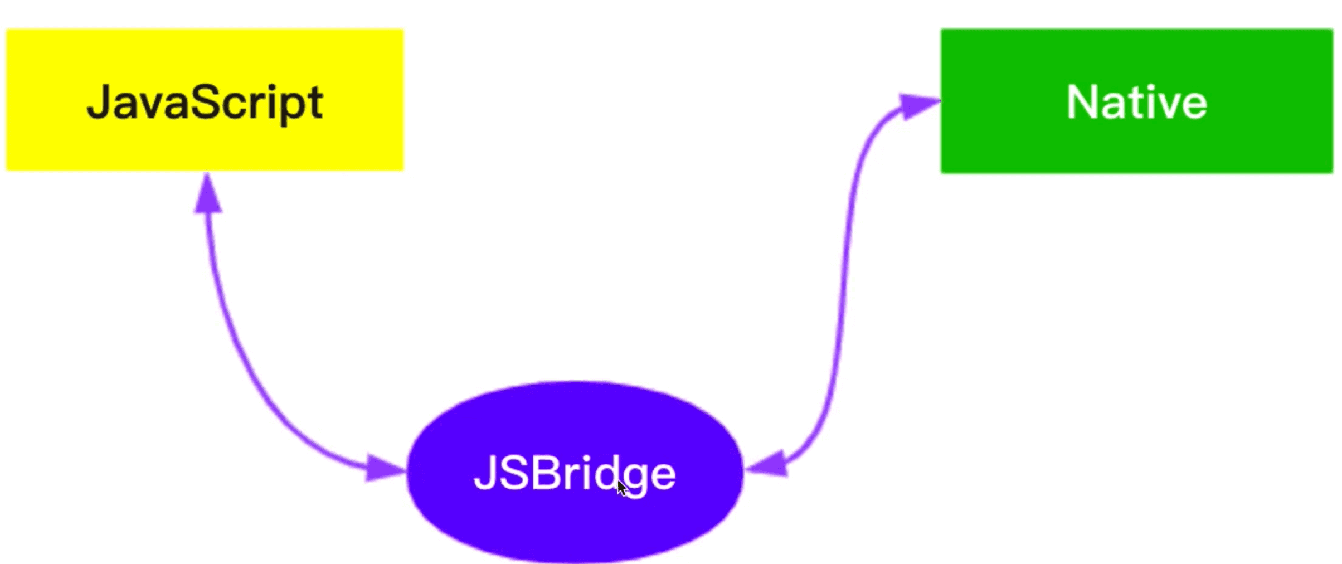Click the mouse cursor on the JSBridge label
(x=622, y=488)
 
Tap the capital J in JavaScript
(x=99, y=103)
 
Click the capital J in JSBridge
(x=485, y=473)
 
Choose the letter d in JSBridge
(x=604, y=473)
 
